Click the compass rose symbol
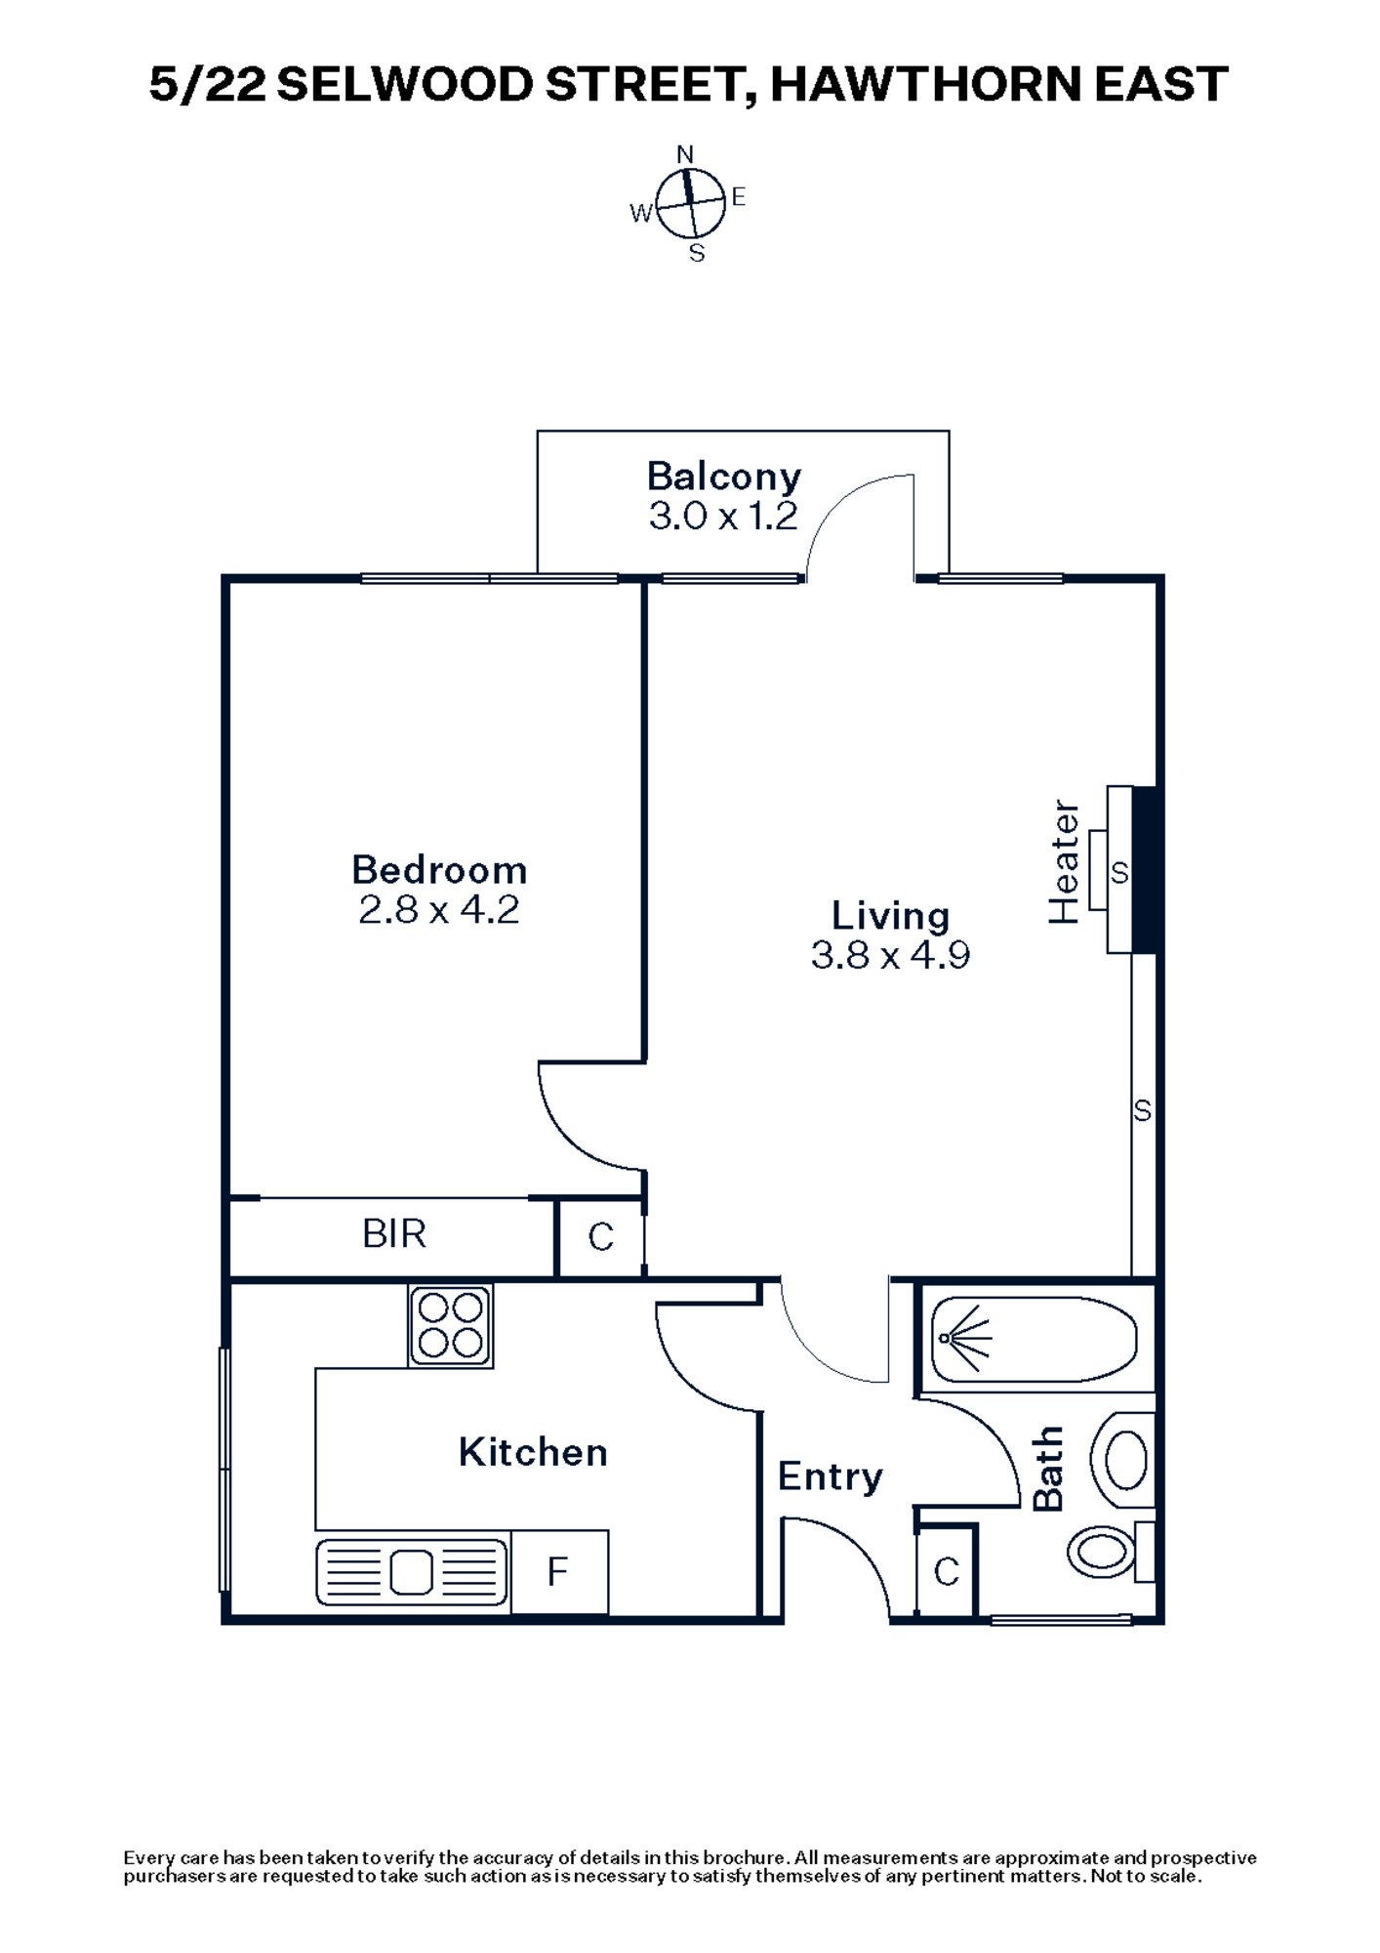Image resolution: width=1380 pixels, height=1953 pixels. point(690,204)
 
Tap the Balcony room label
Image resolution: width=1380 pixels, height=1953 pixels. point(723,477)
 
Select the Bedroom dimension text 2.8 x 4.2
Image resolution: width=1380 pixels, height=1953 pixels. point(438,910)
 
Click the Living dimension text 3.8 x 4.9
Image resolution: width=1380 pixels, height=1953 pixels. point(890,955)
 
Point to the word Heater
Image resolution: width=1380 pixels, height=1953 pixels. point(1064,862)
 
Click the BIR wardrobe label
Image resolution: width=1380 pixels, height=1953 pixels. point(394,1234)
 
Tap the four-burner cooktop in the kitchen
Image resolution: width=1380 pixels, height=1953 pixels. point(450,1325)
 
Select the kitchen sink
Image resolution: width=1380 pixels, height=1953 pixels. point(412,1572)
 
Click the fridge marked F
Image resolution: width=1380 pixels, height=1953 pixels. point(558,1572)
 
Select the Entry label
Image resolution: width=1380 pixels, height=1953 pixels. point(830,1476)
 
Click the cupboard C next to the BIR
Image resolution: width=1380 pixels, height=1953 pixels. point(601,1237)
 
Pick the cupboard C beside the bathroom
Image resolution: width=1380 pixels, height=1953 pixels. point(946,1572)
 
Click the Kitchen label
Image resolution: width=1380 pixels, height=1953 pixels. point(533,1453)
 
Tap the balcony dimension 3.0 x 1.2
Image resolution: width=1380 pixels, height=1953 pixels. point(723,517)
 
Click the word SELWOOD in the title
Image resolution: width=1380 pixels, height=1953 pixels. point(404,85)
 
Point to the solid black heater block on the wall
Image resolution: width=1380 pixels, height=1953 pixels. point(1145,869)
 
